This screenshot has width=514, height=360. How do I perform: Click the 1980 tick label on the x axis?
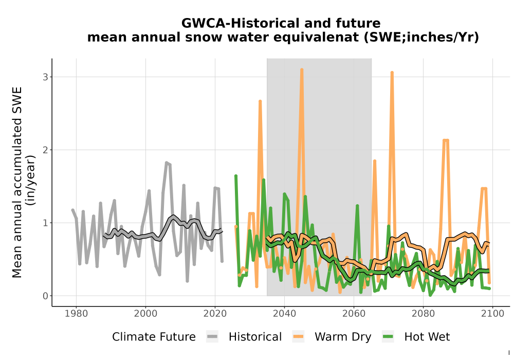[76, 314]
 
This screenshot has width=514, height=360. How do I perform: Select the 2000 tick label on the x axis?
[145, 314]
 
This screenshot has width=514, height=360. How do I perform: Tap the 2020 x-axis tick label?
[215, 314]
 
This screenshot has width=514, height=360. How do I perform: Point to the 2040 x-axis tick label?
[284, 314]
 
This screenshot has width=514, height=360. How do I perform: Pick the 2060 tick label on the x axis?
[354, 314]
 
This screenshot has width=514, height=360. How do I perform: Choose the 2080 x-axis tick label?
[423, 314]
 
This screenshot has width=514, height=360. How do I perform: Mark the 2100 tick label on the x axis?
[492, 314]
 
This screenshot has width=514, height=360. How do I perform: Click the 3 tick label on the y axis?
[45, 77]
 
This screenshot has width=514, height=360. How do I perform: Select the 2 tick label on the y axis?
[45, 150]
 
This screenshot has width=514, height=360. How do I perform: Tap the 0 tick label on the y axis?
[45, 296]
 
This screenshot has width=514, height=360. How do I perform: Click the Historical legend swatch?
[212, 337]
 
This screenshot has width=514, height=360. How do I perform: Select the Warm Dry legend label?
[343, 337]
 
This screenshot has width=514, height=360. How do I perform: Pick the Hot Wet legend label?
[427, 337]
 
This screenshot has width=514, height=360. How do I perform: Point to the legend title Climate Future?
[154, 337]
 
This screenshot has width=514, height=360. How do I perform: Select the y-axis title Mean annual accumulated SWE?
[17, 182]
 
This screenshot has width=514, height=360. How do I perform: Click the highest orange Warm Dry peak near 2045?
[302, 70]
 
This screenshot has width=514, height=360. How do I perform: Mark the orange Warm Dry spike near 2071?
[392, 73]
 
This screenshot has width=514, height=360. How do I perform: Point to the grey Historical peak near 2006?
[167, 163]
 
